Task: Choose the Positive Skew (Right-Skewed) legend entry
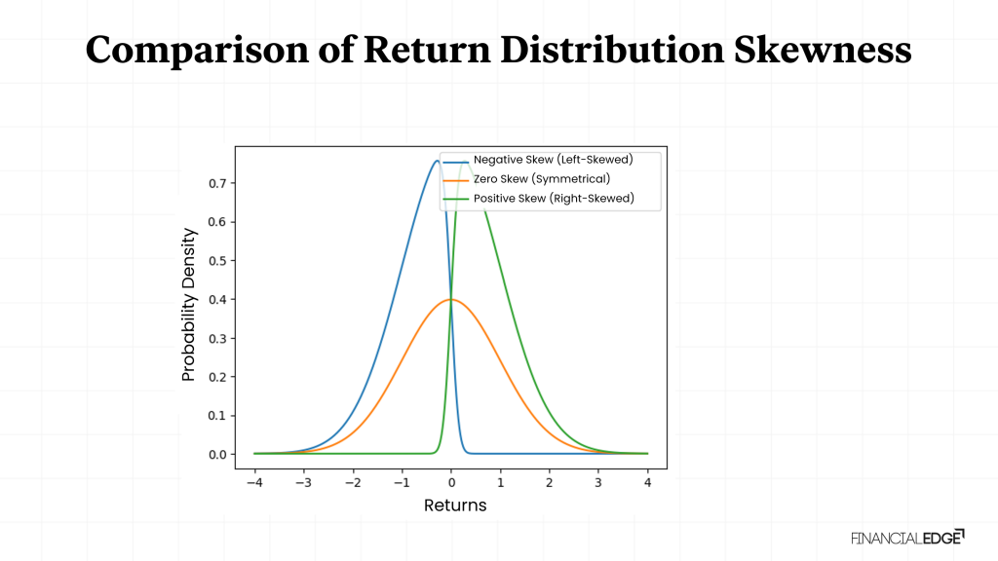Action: pyautogui.click(x=553, y=199)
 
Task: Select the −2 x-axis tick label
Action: pyautogui.click(x=350, y=481)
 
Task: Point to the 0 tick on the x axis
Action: pyautogui.click(x=451, y=481)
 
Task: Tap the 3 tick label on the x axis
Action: pyautogui.click(x=598, y=481)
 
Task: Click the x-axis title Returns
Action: pyautogui.click(x=455, y=505)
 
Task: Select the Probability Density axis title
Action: pyautogui.click(x=189, y=304)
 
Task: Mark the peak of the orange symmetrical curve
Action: pyautogui.click(x=450, y=299)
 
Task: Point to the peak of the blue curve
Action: pyautogui.click(x=436, y=161)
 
